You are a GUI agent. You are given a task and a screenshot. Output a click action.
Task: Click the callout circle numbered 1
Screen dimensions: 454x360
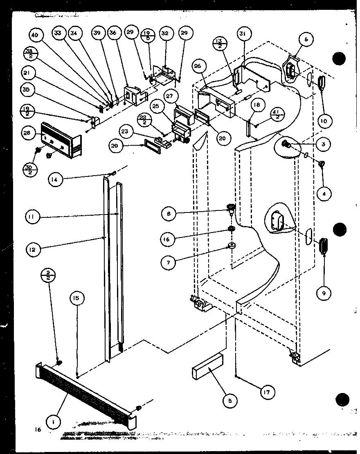[x=53, y=420]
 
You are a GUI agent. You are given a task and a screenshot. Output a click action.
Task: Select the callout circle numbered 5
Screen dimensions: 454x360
[x=230, y=401]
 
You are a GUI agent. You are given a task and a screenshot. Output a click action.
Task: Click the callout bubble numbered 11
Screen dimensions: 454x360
[x=32, y=217]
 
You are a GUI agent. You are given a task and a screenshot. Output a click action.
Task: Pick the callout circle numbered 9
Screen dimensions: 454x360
[x=324, y=292]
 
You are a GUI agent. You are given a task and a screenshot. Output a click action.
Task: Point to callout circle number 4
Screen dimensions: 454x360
[x=324, y=194]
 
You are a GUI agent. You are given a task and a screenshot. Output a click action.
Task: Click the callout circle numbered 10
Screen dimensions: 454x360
[x=323, y=121]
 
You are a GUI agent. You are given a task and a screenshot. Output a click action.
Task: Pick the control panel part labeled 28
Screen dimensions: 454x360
[x=61, y=139]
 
